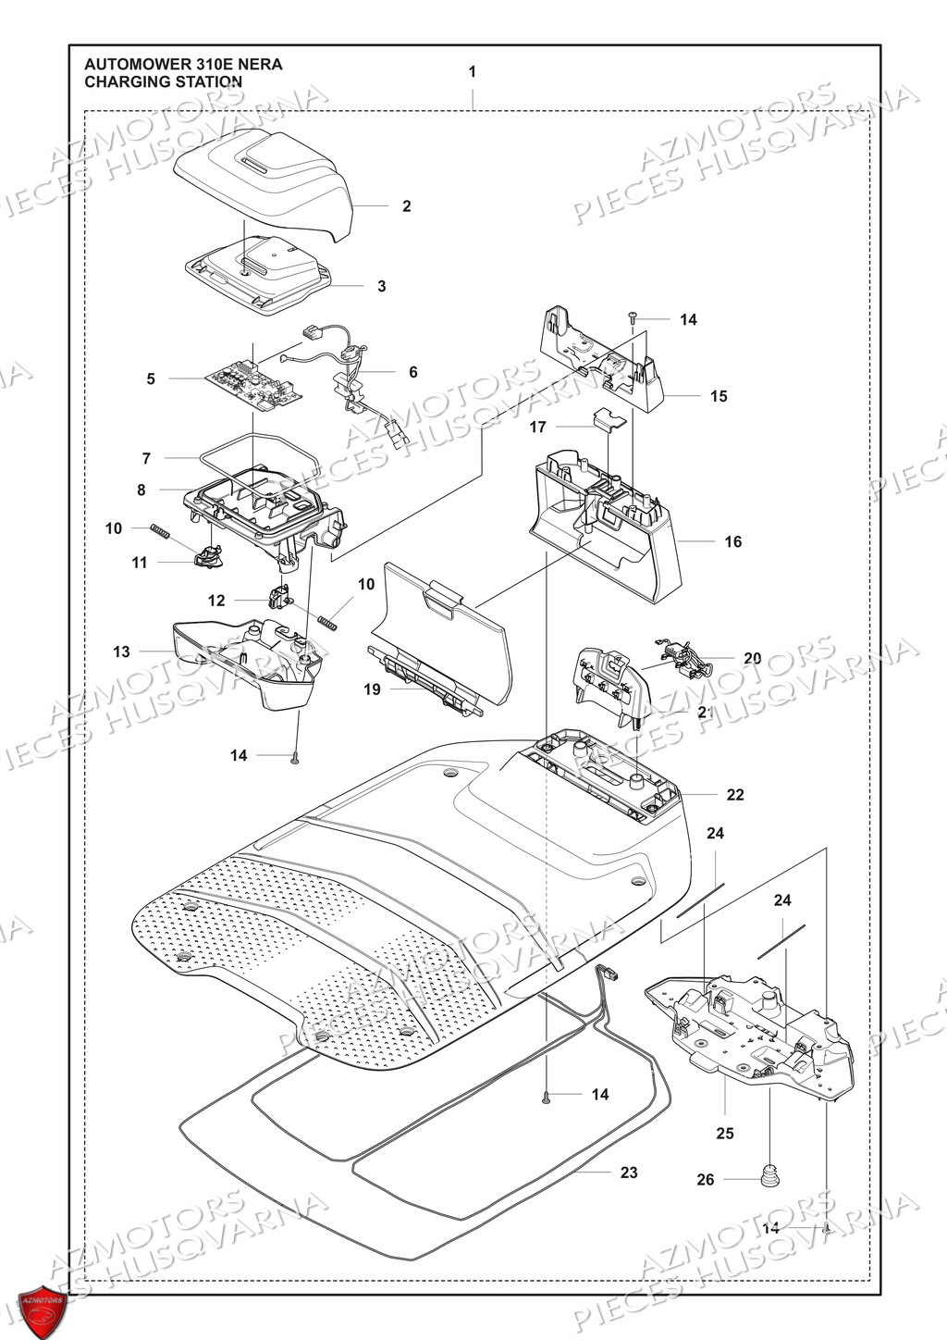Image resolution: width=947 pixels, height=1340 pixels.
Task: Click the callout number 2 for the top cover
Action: click(x=406, y=206)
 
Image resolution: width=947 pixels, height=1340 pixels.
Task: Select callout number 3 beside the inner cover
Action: click(x=382, y=287)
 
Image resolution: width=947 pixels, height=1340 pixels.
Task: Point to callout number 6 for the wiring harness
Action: click(x=412, y=372)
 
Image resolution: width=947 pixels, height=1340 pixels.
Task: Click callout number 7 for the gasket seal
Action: click(x=146, y=458)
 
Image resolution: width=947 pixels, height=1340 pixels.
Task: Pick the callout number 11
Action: click(x=140, y=563)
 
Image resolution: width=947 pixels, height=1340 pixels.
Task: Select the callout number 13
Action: click(x=122, y=652)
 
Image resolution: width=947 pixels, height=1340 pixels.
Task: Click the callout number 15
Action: click(x=719, y=396)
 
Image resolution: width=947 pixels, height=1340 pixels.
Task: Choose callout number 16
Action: click(x=732, y=541)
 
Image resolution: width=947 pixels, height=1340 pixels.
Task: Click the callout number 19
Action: click(x=372, y=690)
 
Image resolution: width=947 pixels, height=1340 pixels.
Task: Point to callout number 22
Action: click(x=735, y=795)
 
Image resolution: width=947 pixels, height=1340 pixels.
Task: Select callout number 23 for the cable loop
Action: click(x=629, y=1172)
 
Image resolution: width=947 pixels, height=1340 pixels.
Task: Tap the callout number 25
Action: click(x=725, y=1133)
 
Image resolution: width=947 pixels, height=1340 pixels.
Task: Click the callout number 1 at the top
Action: click(x=473, y=72)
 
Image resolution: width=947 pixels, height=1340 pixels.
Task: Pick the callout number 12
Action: click(x=216, y=601)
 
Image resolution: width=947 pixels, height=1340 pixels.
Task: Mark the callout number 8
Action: click(x=141, y=490)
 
